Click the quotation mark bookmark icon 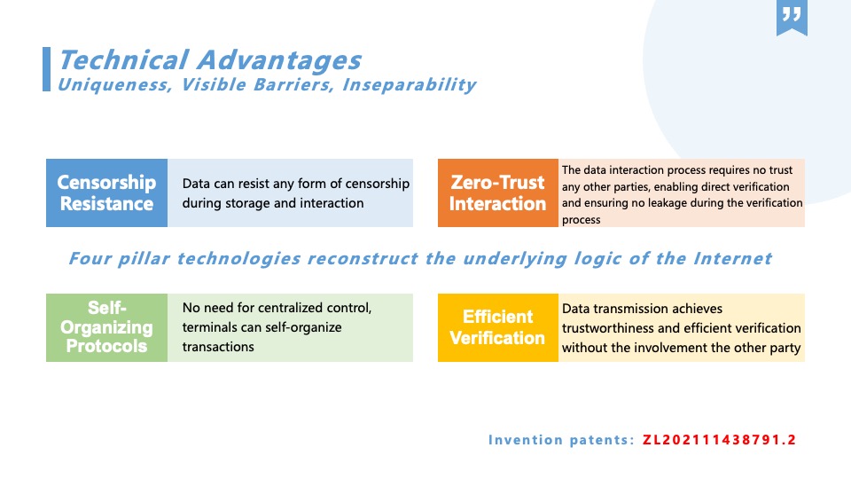[x=792, y=18]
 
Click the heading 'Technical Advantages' [x=209, y=59]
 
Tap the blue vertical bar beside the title [x=47, y=69]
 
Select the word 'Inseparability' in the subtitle [x=410, y=85]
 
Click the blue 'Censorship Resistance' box [x=107, y=192]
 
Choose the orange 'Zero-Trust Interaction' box [x=497, y=192]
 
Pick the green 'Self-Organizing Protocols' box [x=107, y=327]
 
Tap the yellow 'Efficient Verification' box [x=497, y=327]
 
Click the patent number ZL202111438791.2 [x=719, y=439]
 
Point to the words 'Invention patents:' [x=561, y=440]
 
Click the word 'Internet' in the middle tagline [x=733, y=258]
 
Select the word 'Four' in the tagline [x=90, y=258]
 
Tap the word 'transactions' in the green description [x=218, y=347]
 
